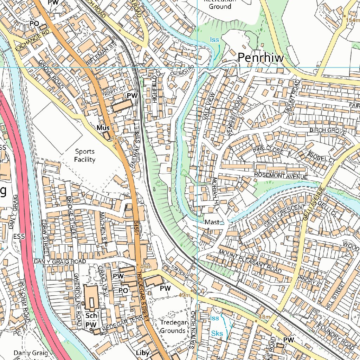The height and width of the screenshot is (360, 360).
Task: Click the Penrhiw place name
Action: pos(261,58)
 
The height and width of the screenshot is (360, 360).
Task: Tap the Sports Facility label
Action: pos(85,156)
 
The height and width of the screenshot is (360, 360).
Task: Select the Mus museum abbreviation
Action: pos(103,128)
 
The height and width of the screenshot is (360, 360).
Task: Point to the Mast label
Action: pos(212,222)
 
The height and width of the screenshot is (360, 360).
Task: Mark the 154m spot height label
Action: pos(353,20)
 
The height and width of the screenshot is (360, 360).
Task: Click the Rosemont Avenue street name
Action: pos(281,176)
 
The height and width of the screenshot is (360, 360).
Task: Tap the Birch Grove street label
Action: pos(328,131)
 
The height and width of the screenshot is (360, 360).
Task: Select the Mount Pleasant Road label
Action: pos(250,262)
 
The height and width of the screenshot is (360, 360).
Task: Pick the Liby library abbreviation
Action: pos(143,353)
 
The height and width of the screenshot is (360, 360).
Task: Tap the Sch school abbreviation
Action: pos(91,316)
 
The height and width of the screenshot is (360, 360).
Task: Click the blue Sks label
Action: pos(217,333)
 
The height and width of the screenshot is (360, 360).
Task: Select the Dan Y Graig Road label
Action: pos(60,262)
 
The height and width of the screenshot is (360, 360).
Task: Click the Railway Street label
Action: pos(135,147)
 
